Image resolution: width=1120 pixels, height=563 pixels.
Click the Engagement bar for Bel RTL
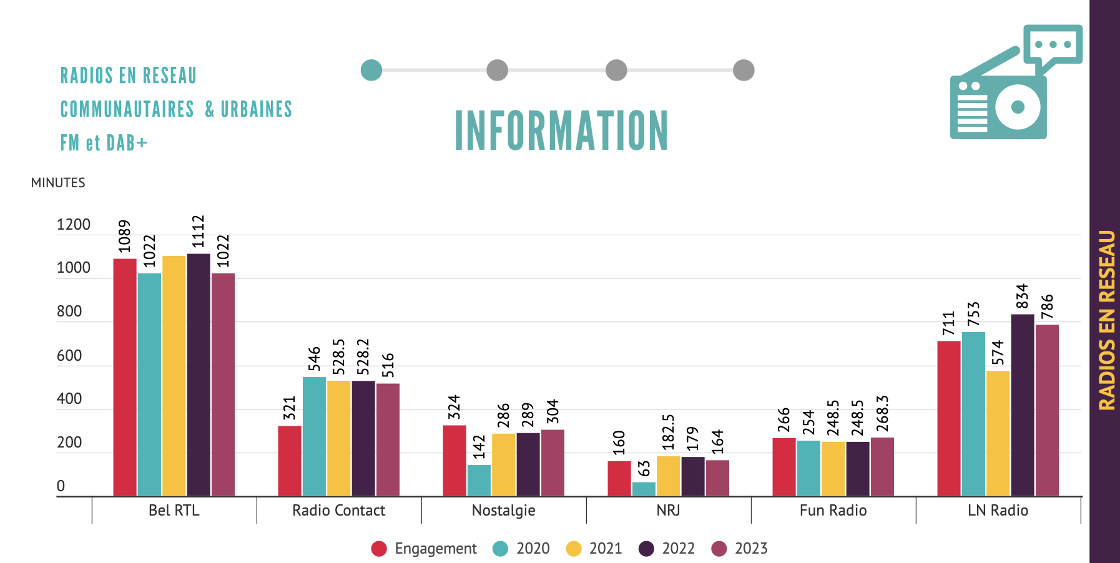click(x=125, y=377)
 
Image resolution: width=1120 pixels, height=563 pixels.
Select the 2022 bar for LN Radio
click(x=1023, y=405)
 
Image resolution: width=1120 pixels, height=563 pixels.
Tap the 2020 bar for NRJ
click(x=644, y=489)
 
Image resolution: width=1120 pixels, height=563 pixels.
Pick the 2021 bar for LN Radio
click(x=998, y=433)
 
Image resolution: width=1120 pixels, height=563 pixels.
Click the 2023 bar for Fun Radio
click(x=882, y=466)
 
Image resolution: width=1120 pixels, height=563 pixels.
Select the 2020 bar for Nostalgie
click(x=479, y=480)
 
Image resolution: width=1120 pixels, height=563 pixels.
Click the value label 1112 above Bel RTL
click(x=198, y=232)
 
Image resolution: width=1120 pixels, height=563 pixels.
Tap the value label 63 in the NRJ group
click(x=644, y=468)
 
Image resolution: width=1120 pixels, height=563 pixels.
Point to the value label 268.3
click(x=882, y=413)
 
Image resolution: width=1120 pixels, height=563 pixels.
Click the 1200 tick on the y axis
click(x=74, y=225)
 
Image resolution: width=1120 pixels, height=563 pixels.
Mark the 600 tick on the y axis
click(x=69, y=356)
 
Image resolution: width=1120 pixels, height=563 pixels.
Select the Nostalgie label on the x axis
click(x=503, y=511)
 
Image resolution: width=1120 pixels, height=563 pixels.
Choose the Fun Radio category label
click(x=833, y=511)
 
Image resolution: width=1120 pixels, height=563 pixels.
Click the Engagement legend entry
click(x=424, y=549)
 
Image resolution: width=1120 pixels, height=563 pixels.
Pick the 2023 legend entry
click(x=740, y=549)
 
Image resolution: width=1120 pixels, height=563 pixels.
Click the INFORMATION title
click(x=561, y=130)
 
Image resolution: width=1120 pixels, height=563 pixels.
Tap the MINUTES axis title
click(x=58, y=183)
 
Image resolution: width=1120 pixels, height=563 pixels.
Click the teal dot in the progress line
click(x=371, y=71)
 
